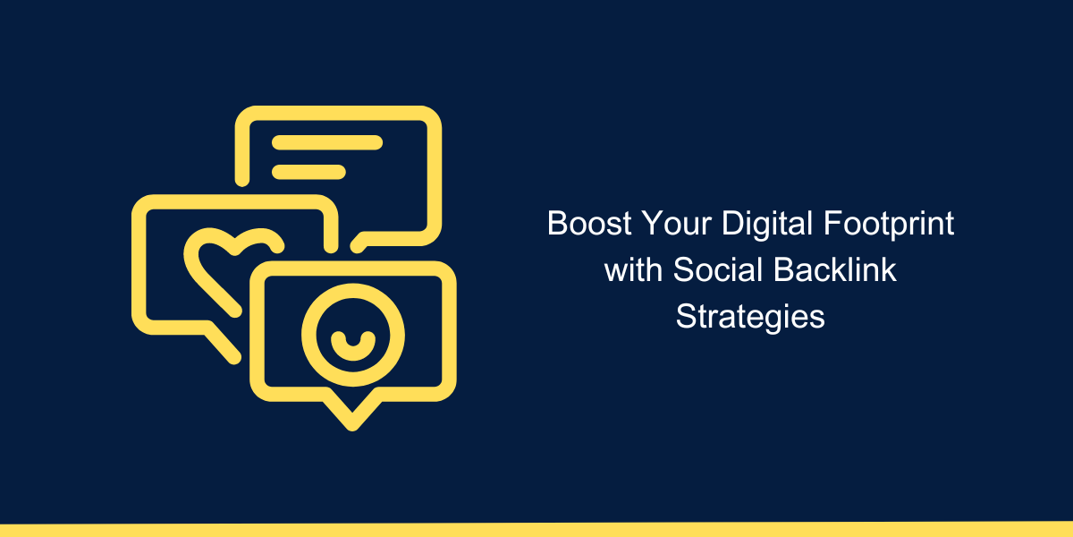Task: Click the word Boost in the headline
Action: (x=589, y=223)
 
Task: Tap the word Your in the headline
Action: (x=676, y=223)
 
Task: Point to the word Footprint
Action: (x=889, y=225)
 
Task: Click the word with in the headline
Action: (x=633, y=269)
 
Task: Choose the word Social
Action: (x=717, y=269)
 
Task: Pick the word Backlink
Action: (x=835, y=269)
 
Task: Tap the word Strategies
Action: (x=750, y=318)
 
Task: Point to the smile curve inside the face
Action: (x=353, y=353)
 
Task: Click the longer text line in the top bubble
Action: (x=327, y=142)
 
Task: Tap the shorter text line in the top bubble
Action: (x=309, y=172)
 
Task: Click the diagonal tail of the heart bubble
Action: (x=222, y=344)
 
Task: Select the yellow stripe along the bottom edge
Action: (x=536, y=529)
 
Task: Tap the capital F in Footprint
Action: (x=832, y=223)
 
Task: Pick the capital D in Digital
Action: (x=733, y=223)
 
